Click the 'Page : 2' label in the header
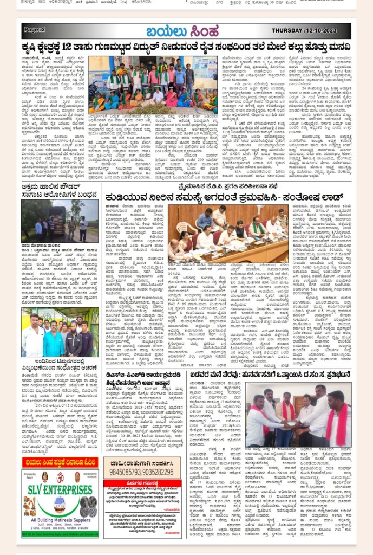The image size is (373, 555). [35, 30]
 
